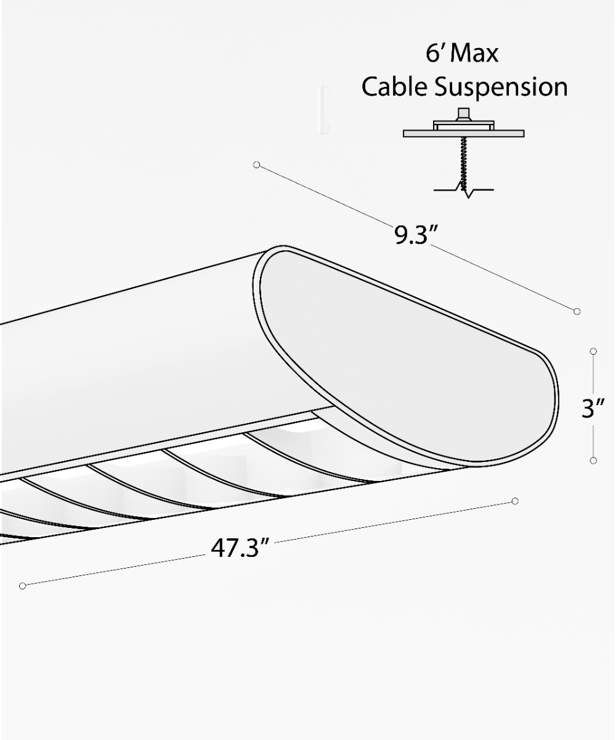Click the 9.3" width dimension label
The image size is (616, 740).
pyautogui.click(x=416, y=235)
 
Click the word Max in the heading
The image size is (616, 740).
pyautogui.click(x=473, y=54)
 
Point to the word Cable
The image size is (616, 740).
pyautogui.click(x=394, y=87)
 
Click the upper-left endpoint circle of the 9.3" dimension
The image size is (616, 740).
pyautogui.click(x=257, y=165)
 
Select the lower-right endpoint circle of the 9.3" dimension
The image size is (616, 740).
pyautogui.click(x=577, y=311)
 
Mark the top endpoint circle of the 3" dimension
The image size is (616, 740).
pyautogui.click(x=593, y=351)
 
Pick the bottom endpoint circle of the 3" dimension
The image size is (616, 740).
pyautogui.click(x=593, y=461)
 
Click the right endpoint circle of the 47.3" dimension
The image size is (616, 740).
pyautogui.click(x=515, y=501)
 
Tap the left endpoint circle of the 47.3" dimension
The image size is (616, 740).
pyautogui.click(x=23, y=585)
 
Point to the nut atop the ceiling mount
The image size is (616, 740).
pyautogui.click(x=463, y=114)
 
